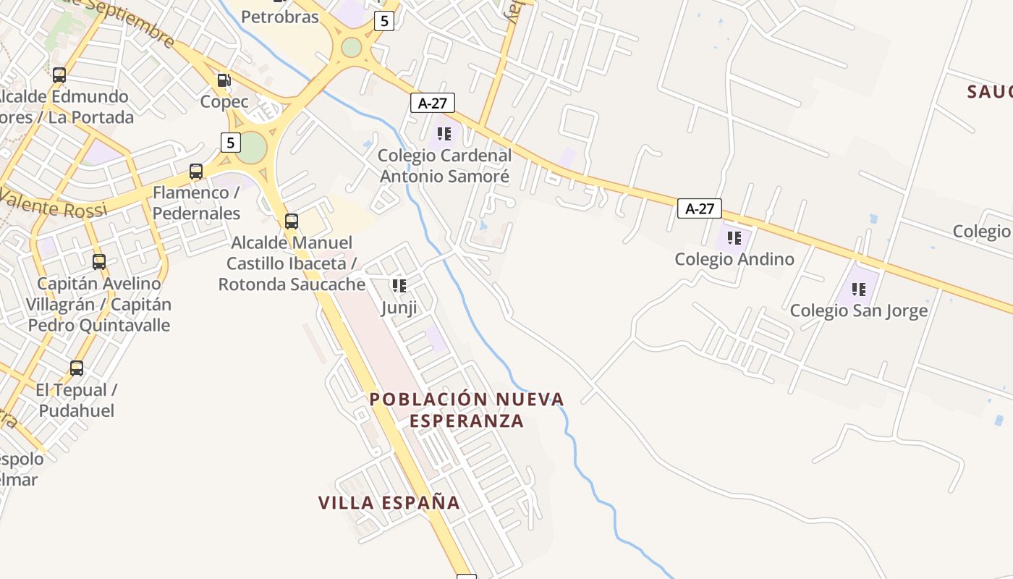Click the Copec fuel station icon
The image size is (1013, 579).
point(224,80)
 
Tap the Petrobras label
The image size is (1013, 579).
point(280,17)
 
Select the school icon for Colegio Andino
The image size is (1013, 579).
point(734,237)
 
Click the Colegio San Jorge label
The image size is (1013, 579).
point(858,311)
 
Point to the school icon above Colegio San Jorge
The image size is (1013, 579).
point(859,289)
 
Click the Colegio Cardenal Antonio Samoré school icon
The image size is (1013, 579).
point(444,134)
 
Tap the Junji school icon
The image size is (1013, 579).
point(399,286)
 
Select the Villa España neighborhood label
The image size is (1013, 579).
point(389,502)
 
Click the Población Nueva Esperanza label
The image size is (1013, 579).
point(467,410)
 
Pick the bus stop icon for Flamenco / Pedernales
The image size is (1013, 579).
point(196,172)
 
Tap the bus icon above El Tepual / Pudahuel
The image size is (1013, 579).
point(77,368)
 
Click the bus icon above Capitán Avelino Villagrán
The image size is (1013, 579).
point(99,262)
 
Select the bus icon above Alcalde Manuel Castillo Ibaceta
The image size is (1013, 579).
point(292,221)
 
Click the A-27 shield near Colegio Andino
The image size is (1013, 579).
point(700,209)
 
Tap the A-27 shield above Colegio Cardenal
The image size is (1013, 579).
point(433,103)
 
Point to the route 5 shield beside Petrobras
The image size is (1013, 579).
point(384,22)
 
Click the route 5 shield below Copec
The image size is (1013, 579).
point(230,143)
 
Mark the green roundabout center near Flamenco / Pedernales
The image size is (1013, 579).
point(252,148)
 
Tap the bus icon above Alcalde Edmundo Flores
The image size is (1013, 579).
point(59,75)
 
